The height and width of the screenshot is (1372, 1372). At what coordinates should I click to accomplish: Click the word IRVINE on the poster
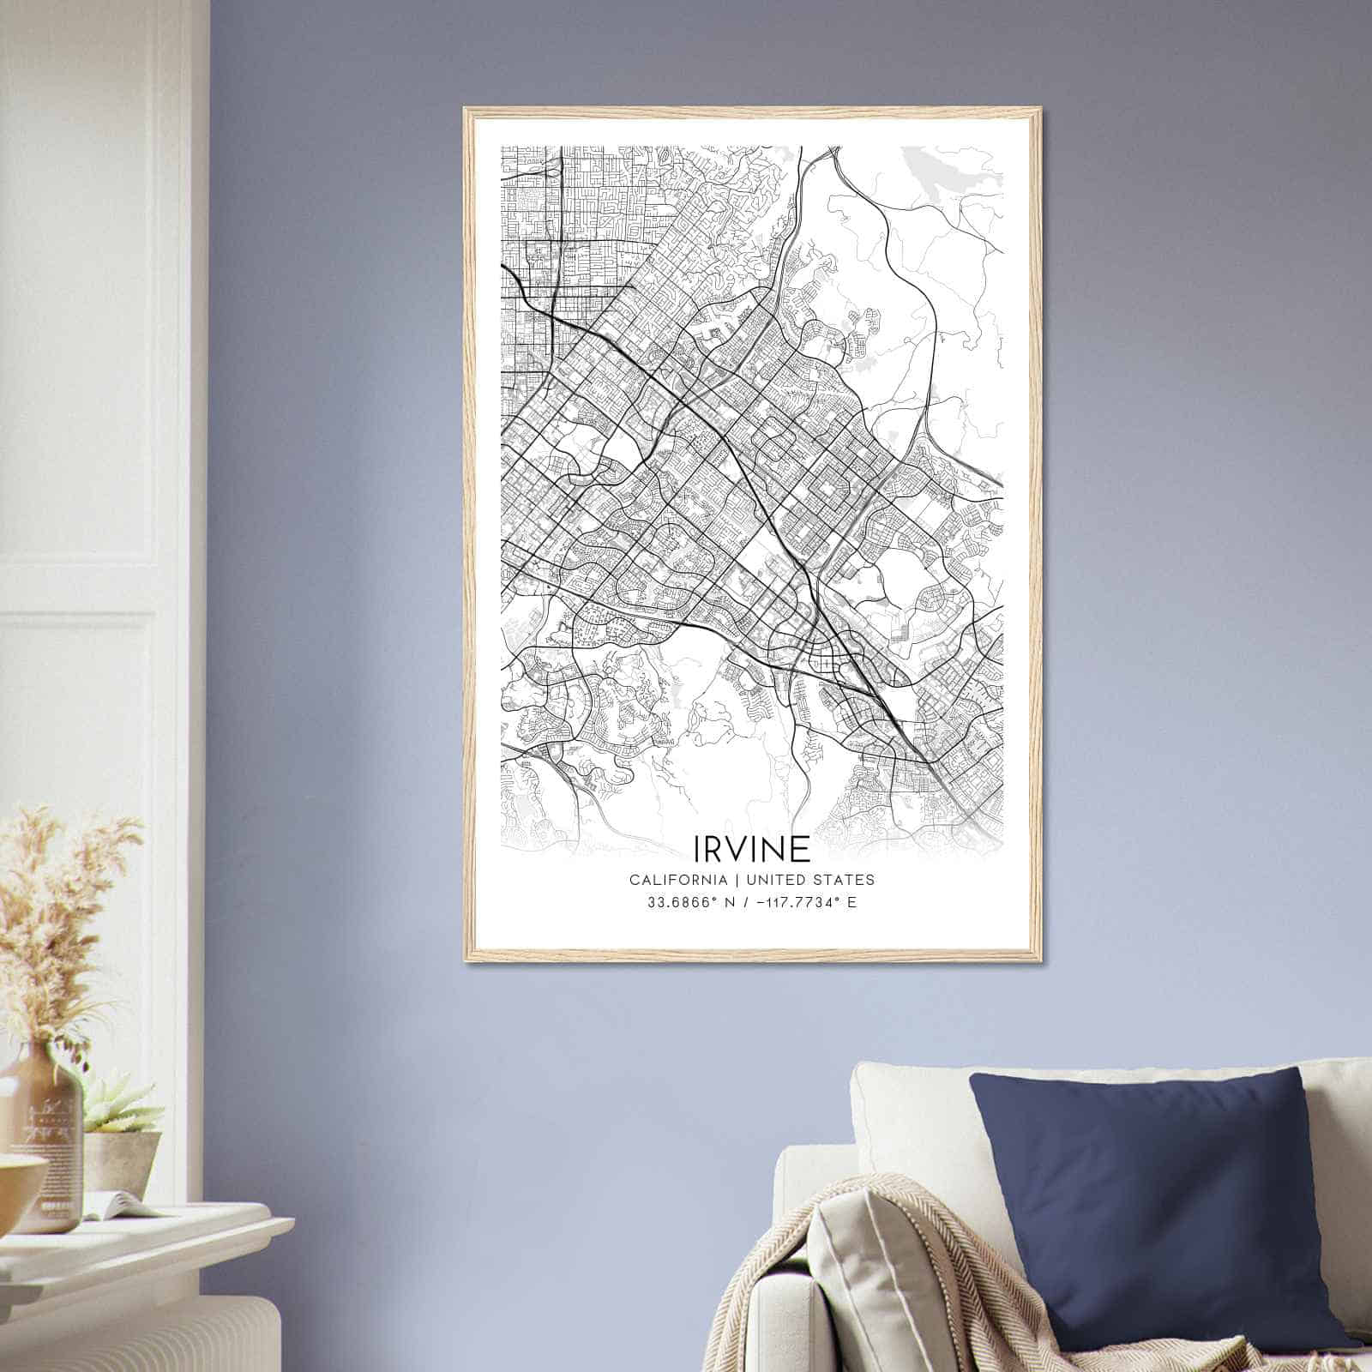(x=751, y=849)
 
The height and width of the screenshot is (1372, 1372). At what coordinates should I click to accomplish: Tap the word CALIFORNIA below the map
(x=678, y=880)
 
